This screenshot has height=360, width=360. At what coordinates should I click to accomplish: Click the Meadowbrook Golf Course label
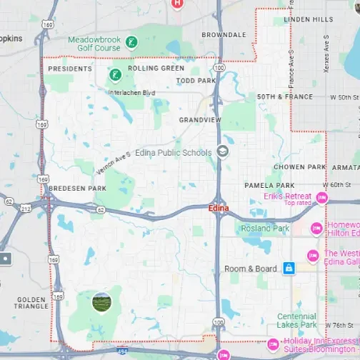point(94,44)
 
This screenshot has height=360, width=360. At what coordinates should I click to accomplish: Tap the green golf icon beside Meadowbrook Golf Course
point(131,43)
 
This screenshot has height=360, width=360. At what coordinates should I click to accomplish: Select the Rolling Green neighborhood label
point(156,69)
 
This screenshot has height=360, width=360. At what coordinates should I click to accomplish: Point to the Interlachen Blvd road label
point(131,92)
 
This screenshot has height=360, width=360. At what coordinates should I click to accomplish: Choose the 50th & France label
point(284,96)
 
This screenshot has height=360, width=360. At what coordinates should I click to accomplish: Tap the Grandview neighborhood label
point(200,119)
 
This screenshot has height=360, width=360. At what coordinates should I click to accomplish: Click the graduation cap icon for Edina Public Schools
point(223,151)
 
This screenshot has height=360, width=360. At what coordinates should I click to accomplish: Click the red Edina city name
point(218,207)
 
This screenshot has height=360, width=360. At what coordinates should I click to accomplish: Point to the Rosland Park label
point(265,229)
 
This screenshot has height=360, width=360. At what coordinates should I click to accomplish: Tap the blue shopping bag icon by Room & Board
point(289,268)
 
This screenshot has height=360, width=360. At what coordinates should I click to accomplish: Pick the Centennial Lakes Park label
point(296,321)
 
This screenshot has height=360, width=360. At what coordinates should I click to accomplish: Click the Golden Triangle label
point(30,304)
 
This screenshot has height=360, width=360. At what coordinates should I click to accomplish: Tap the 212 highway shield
point(26,209)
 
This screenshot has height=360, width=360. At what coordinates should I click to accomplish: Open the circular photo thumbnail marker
point(102,302)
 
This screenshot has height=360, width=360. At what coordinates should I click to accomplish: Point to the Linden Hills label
point(309,19)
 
